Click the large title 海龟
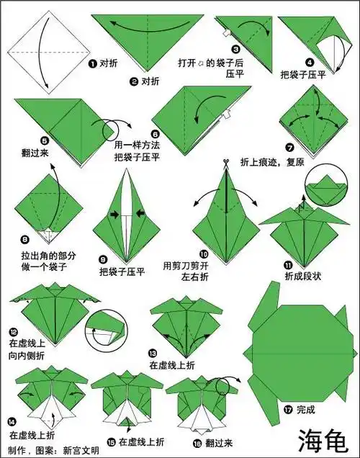click(x=323, y=439)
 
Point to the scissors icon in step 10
click(x=225, y=163)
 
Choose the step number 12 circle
click(x=14, y=332)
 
